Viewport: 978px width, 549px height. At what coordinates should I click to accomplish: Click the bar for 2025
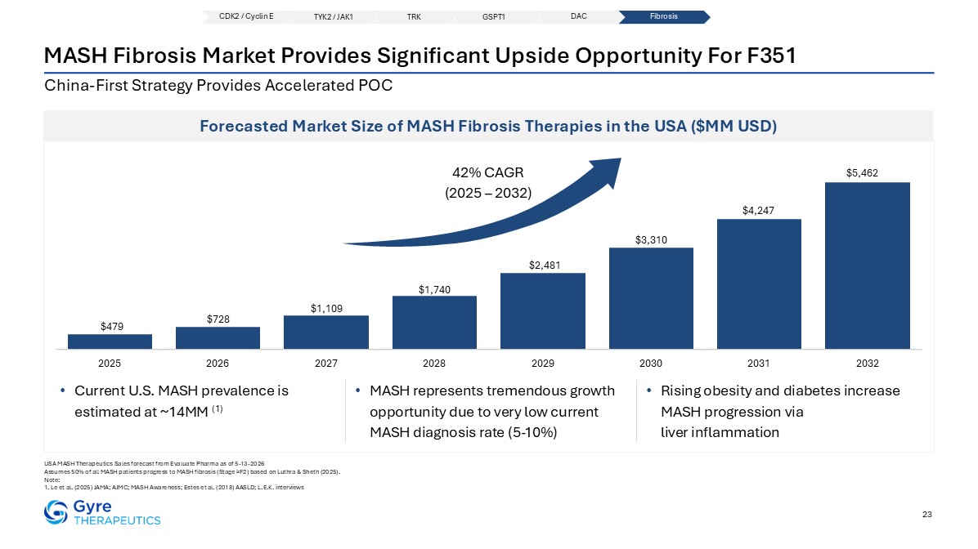[110, 341]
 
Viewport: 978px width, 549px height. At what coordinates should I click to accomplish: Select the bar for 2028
[434, 322]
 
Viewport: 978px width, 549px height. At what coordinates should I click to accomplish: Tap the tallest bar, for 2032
[867, 266]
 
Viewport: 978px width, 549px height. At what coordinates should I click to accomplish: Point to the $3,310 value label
[651, 240]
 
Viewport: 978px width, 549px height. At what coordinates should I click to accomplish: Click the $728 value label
[218, 319]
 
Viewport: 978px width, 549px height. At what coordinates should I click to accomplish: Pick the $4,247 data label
[759, 211]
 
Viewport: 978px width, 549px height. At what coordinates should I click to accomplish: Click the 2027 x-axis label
[326, 364]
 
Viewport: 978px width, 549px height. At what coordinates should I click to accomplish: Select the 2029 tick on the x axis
[543, 364]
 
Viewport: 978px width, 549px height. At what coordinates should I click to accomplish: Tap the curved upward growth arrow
[499, 218]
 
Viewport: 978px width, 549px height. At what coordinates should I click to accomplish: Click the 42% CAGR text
[487, 172]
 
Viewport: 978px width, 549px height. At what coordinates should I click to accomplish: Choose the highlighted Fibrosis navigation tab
[664, 17]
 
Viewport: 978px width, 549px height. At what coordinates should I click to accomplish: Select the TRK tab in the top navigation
[414, 17]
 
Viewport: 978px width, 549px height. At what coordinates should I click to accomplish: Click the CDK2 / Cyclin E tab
[246, 17]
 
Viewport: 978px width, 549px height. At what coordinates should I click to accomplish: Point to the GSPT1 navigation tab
[493, 17]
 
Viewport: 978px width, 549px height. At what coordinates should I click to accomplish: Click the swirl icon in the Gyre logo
[56, 512]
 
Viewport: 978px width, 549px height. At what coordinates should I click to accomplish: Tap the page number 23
[926, 514]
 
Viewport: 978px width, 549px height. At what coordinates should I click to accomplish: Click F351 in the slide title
[772, 56]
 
